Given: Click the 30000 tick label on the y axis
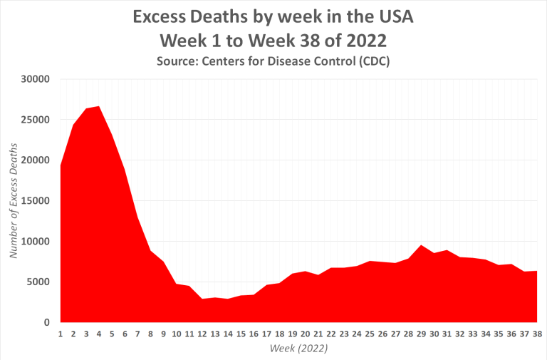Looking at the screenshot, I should point(33,79).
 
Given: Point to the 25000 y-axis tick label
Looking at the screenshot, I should point(33,120).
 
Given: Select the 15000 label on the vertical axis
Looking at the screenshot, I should point(33,201).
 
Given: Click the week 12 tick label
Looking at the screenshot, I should point(202,334).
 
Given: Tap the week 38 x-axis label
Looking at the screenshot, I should point(537,334).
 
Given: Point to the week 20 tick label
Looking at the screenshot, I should point(305,334).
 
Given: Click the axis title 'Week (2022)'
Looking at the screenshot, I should point(298,349).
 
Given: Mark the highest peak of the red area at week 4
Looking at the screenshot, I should point(99,106).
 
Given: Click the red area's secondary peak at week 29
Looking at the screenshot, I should point(421,245).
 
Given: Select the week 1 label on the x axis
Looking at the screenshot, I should point(61,334).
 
